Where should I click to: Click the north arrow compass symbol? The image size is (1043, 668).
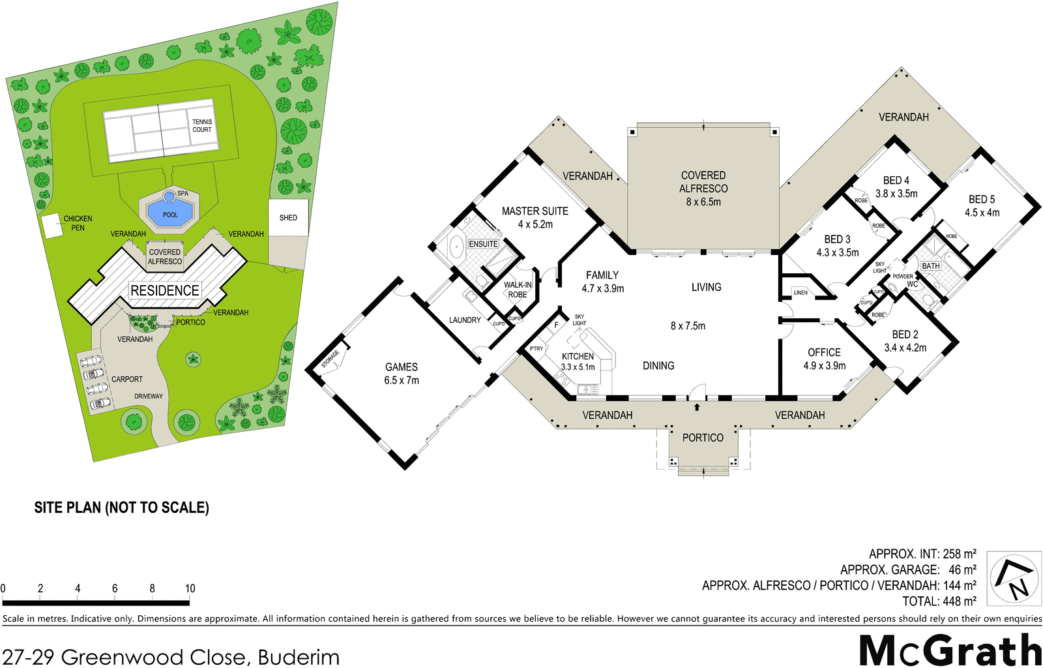pyautogui.click(x=1014, y=578)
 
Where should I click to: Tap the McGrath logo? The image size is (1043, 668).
pyautogui.click(x=950, y=650)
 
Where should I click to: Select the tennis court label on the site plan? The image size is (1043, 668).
pyautogui.click(x=202, y=125)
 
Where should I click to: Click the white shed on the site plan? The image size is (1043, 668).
pyautogui.click(x=288, y=217)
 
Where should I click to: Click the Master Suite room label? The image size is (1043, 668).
pyautogui.click(x=535, y=211)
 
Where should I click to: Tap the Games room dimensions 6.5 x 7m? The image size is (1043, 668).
pyautogui.click(x=401, y=380)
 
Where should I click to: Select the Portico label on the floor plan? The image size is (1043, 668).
pyautogui.click(x=703, y=438)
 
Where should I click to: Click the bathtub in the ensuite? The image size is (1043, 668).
pyautogui.click(x=456, y=247)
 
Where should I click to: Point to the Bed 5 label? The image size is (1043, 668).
pyautogui.click(x=981, y=199)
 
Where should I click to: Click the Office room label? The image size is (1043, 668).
pyautogui.click(x=824, y=352)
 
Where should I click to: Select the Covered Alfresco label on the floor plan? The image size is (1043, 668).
pyautogui.click(x=703, y=182)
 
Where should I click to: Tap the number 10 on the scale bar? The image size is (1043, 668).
pyautogui.click(x=190, y=588)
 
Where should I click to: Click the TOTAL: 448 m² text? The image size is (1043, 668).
pyautogui.click(x=939, y=601)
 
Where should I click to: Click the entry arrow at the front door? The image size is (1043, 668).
pyautogui.click(x=697, y=407)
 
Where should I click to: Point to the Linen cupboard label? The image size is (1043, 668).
pyautogui.click(x=801, y=293)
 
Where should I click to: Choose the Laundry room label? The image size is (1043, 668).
pyautogui.click(x=465, y=320)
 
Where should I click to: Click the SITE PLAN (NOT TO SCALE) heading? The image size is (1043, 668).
pyautogui.click(x=121, y=508)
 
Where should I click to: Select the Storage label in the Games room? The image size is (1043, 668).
pyautogui.click(x=330, y=359)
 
